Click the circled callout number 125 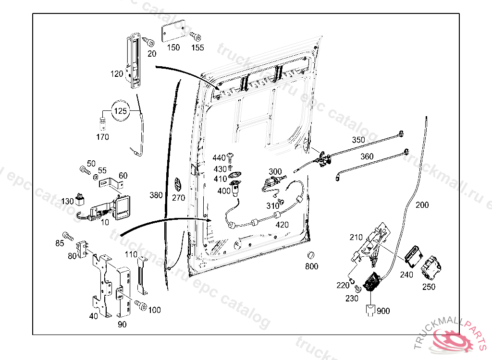pyautogui.click(x=120, y=111)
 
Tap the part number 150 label pyautogui.click(x=173, y=48)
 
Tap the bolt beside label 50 pyautogui.click(x=85, y=170)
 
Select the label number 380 pyautogui.click(x=156, y=195)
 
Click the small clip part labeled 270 pyautogui.click(x=178, y=184)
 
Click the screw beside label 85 pyautogui.click(x=69, y=236)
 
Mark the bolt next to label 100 pyautogui.click(x=140, y=304)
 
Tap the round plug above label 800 pyautogui.click(x=311, y=254)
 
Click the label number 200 pyautogui.click(x=422, y=205)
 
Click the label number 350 pyautogui.click(x=358, y=140)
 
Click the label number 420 pyautogui.click(x=282, y=225)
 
